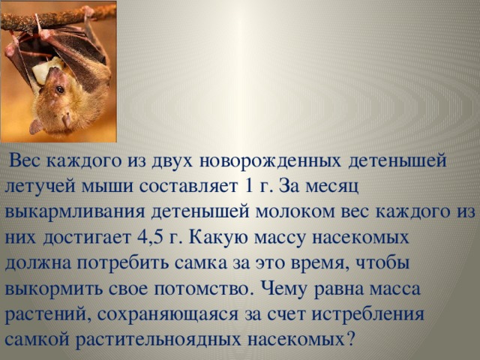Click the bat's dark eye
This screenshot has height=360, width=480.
coord(60,90)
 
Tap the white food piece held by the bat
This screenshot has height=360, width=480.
coord(46,70)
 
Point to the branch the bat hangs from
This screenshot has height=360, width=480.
coord(58,18)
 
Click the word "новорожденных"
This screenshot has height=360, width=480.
coord(270,161)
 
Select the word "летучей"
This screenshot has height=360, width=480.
coord(40,186)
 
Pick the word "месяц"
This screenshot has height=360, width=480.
coord(332,187)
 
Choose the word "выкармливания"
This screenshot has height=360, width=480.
coord(75,212)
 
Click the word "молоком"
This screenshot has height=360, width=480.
coord(295,211)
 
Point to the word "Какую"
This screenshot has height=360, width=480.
coord(220,237)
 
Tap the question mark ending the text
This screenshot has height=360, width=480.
coord(350,338)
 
